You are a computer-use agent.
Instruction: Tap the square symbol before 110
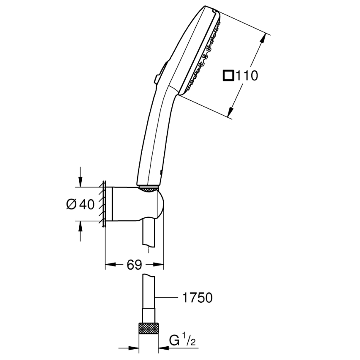coord(228,76)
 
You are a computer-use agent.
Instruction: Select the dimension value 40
coord(86,204)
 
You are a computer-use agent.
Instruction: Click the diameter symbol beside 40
coord(71,204)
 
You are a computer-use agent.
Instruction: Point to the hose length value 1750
coord(197,297)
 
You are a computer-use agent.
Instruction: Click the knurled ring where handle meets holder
coord(149,189)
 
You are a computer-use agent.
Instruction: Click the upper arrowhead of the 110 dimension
coord(262,38)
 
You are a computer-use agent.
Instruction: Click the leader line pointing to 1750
coord(168,297)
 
